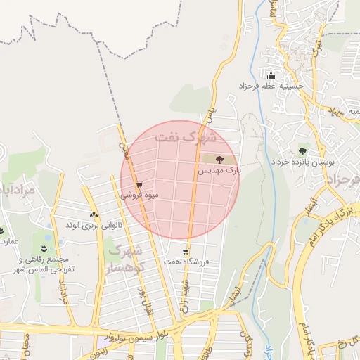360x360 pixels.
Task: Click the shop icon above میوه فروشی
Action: [140, 186]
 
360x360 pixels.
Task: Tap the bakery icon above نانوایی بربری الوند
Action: [94, 215]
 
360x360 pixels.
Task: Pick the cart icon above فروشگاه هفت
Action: [186, 252]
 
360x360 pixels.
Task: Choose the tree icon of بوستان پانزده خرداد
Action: [303, 150]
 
